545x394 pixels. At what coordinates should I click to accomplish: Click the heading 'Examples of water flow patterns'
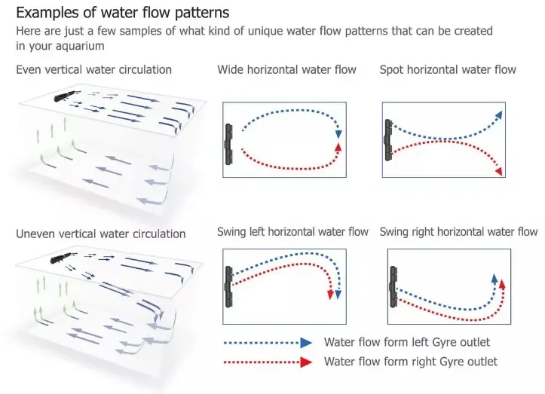(123, 13)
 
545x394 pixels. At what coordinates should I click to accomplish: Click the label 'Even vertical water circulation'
(93, 69)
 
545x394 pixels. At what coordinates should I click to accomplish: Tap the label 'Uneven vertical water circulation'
(100, 234)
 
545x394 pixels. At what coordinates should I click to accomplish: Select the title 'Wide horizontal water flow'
(286, 69)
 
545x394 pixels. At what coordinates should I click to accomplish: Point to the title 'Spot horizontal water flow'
(448, 69)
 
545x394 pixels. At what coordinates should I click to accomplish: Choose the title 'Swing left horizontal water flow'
(292, 231)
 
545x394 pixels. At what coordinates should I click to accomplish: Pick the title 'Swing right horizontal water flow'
(459, 231)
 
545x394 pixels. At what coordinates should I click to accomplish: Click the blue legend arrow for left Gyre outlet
(305, 342)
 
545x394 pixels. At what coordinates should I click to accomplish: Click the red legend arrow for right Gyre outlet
(305, 362)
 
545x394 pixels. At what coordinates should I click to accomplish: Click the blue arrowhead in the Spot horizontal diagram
(498, 114)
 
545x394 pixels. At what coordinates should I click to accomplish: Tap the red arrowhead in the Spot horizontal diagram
(499, 173)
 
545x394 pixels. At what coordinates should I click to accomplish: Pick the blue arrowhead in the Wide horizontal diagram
(339, 133)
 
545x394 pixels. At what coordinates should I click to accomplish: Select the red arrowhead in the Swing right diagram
(502, 284)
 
